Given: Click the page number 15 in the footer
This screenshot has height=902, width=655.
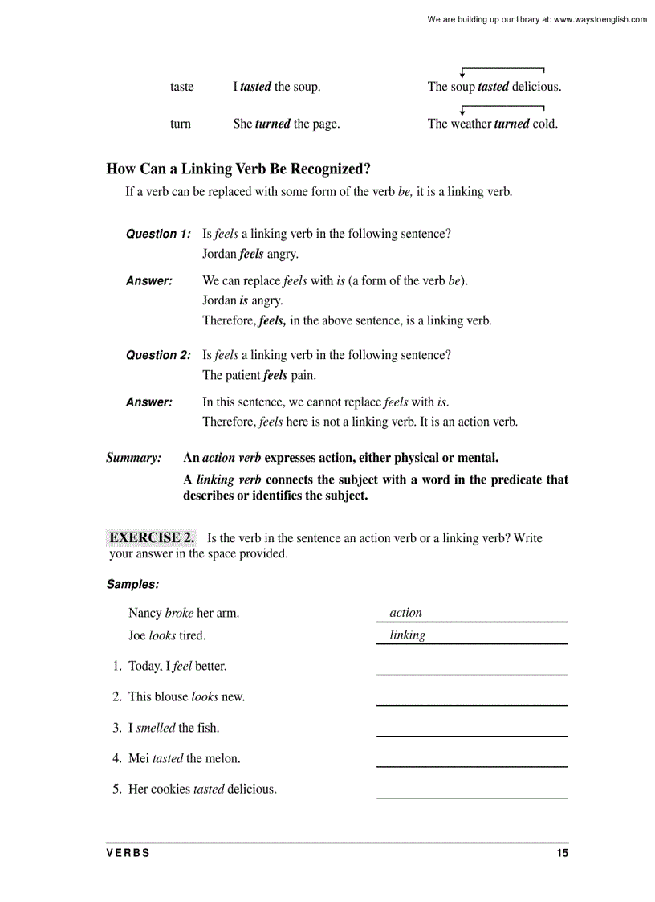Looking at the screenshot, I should click(x=562, y=853).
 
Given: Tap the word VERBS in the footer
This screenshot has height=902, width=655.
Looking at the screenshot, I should click(x=128, y=853).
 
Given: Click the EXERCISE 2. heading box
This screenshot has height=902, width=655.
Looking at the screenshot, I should click(x=152, y=537).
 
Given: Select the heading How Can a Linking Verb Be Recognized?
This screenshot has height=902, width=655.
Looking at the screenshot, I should click(x=238, y=169).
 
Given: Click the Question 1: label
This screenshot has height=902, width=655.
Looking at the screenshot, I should click(x=158, y=234).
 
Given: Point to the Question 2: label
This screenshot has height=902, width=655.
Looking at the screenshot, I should click(x=158, y=355).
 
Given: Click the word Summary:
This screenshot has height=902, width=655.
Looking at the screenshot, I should click(x=134, y=458).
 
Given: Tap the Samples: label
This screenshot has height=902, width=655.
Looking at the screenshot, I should click(x=132, y=585).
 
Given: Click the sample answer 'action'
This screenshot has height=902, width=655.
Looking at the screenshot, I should click(x=405, y=613).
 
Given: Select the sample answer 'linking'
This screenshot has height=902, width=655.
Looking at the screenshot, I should click(x=407, y=635).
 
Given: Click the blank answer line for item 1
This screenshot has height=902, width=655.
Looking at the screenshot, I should click(x=471, y=674).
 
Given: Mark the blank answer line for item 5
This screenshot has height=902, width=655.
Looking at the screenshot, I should click(x=471, y=797).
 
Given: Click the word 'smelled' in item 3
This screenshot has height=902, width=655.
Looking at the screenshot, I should click(x=156, y=728).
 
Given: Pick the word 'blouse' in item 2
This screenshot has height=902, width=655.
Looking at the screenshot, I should click(x=171, y=696).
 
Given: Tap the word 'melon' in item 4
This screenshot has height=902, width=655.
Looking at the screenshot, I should click(x=223, y=758).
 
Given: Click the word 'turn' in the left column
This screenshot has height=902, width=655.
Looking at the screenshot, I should click(x=181, y=124).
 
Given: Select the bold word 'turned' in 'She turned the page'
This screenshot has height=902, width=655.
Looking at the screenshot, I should click(x=273, y=124).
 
